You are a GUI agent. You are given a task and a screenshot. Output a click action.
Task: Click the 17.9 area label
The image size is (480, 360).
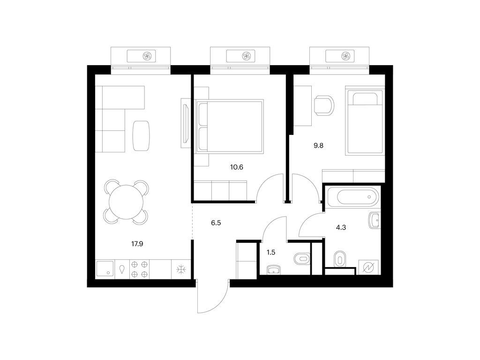[137, 244]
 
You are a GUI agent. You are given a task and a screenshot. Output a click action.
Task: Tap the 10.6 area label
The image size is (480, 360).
[237, 167]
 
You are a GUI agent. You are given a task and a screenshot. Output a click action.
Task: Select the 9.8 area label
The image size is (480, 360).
[318, 145]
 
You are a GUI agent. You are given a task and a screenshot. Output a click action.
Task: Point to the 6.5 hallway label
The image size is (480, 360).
[216, 223]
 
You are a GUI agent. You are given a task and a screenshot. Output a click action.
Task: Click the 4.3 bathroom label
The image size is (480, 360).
[341, 227]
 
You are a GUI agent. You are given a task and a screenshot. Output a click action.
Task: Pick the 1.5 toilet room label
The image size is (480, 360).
[271, 253]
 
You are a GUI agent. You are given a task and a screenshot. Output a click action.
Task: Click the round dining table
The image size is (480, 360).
[126, 202]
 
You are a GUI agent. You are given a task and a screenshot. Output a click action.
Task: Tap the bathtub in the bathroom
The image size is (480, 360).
[352, 197]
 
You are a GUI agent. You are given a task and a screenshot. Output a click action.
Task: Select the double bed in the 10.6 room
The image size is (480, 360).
[230, 126]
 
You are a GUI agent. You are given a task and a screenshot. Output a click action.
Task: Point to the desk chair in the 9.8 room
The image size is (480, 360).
[324, 105]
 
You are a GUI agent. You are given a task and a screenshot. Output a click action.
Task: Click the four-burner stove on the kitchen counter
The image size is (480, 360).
[140, 270]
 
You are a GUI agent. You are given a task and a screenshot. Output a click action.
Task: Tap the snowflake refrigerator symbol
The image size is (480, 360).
[181, 270]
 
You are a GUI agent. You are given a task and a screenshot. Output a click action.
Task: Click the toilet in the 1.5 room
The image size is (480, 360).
[302, 259]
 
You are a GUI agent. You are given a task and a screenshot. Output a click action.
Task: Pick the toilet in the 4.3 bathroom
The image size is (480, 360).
[339, 259]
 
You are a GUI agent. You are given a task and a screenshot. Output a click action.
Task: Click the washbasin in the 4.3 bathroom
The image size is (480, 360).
[374, 220]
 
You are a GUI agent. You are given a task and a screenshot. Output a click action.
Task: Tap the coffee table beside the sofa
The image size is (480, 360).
[142, 135]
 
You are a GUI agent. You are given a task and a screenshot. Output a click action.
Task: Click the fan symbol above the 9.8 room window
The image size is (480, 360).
[346, 56]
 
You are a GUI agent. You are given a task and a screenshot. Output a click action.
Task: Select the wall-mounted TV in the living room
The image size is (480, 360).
[186, 123]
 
